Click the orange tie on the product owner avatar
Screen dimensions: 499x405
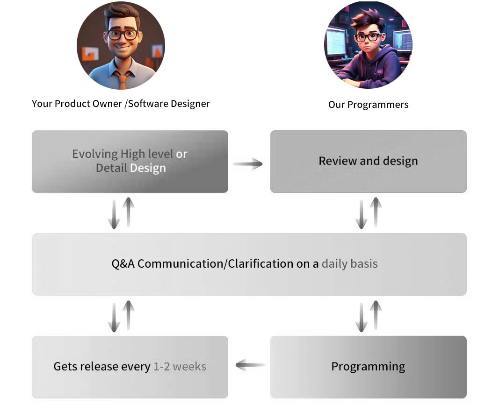(123, 79)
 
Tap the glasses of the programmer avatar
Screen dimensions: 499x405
(369, 37)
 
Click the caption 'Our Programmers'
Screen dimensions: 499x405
(368, 105)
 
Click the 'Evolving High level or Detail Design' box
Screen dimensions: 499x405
(130, 161)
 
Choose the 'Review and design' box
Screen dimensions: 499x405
(368, 161)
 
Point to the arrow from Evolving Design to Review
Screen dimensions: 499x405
(248, 163)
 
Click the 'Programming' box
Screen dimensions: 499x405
(368, 367)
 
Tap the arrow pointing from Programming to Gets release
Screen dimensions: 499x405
(250, 365)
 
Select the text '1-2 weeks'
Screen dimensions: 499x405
(180, 367)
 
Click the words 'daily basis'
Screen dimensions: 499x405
(349, 263)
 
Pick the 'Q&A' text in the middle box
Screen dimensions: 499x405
(123, 264)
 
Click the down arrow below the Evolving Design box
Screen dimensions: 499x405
(114, 214)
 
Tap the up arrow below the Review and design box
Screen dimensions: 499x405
(376, 212)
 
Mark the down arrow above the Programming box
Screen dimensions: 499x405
(361, 318)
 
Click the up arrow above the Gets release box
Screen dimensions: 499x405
(128, 315)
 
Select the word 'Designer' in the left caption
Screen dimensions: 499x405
(190, 104)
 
